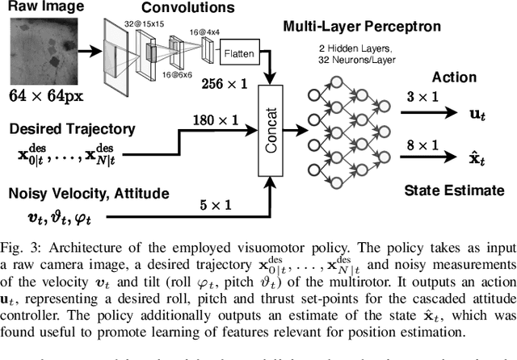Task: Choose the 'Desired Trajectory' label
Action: [71, 128]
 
